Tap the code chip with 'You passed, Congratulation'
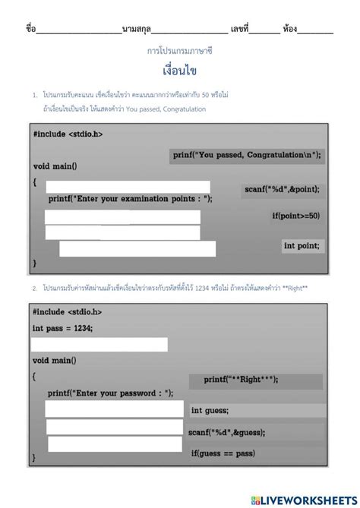tap(246, 155)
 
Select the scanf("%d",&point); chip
tap(282, 188)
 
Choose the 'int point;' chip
tap(302, 245)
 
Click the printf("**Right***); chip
tap(241, 378)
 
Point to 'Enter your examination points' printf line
tap(130, 198)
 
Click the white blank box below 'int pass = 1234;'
tap(99, 345)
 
